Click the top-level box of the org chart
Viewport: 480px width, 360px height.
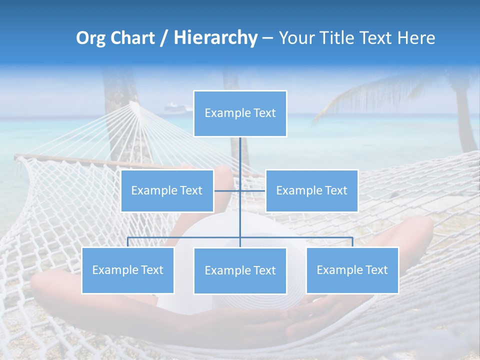pyautogui.click(x=240, y=113)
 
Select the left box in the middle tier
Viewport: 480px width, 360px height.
pyautogui.click(x=167, y=190)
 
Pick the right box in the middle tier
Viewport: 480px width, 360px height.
pyautogui.click(x=311, y=190)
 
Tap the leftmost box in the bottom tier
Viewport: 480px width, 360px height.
pyautogui.click(x=127, y=270)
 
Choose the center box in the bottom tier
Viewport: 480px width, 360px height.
pyautogui.click(x=240, y=270)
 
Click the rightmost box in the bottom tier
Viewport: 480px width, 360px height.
pyautogui.click(x=352, y=270)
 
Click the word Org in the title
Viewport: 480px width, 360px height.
pyautogui.click(x=90, y=38)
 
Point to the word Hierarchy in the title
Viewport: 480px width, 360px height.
pyautogui.click(x=215, y=38)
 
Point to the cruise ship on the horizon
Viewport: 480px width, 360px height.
pyautogui.click(x=178, y=107)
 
